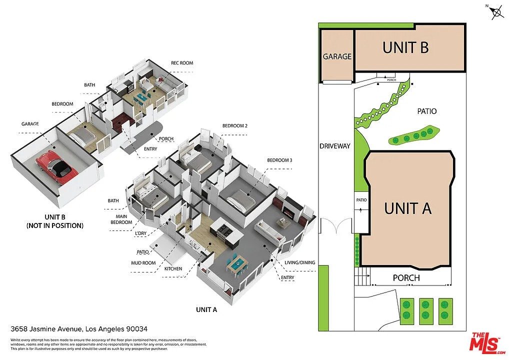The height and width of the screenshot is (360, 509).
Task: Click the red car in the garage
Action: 57,165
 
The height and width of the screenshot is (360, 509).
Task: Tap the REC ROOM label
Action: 182,63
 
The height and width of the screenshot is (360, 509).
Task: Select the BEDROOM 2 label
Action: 234,125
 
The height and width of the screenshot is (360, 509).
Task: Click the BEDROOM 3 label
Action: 279,160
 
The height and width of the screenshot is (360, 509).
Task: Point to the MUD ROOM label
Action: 143,263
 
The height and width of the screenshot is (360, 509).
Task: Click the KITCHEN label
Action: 173,269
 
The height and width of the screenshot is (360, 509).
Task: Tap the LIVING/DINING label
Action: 299,262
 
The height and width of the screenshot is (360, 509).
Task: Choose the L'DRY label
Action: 140,233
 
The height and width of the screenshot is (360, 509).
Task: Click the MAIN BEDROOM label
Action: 121,219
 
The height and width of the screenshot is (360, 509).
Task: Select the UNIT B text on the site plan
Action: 405,47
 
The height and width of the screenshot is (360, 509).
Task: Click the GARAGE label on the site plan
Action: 337,56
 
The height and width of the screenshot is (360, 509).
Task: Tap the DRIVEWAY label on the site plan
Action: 334,146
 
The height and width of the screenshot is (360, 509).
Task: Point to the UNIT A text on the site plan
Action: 407,208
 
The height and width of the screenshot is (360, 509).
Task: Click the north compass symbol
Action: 496,12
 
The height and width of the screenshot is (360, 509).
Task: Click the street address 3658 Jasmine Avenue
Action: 46,329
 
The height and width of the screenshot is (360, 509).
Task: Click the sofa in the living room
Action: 268,231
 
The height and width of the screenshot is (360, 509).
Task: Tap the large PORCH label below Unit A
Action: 406,278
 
